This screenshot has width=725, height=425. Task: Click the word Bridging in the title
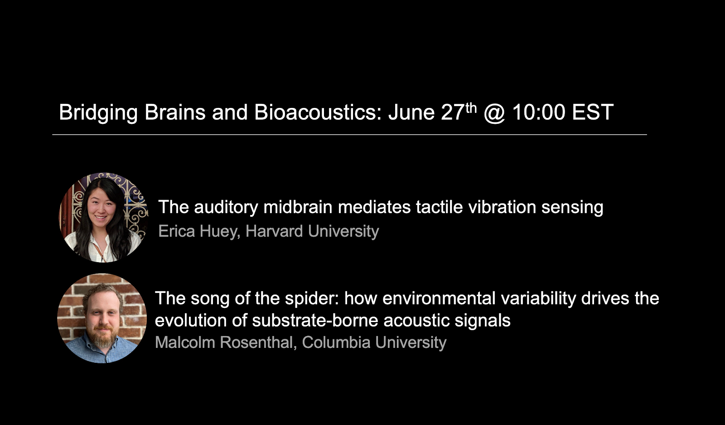coord(98,113)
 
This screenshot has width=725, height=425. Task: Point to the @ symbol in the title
coord(494,113)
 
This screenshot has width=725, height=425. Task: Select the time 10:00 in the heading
coord(539,112)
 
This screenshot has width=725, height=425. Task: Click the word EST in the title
coord(593,112)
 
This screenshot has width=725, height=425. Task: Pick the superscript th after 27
coord(471,108)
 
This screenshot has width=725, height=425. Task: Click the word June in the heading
coord(411,112)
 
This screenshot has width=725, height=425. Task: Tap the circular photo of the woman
coord(103,217)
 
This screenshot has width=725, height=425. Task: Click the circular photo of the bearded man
coord(102,318)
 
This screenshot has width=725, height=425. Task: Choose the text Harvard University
coord(312,231)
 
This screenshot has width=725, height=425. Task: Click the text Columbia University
coord(374,342)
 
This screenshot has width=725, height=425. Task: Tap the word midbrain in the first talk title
coord(298,207)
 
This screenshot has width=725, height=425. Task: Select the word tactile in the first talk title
coord(439,207)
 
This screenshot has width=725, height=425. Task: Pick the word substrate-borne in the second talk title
coord(315,320)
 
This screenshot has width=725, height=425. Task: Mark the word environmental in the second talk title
coord(439,298)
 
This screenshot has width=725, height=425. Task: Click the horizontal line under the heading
coord(349,134)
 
